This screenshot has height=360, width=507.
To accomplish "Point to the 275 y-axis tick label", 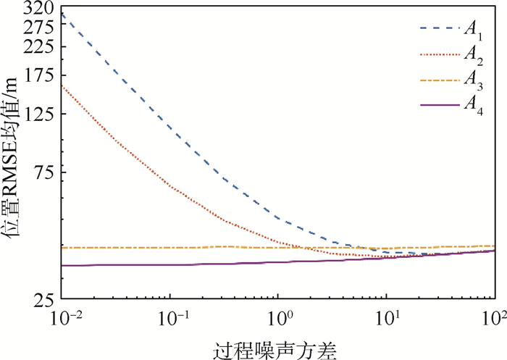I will point(44,27).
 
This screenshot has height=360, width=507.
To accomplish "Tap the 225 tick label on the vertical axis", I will point(44,46).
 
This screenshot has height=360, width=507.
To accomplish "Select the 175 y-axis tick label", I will point(44,74).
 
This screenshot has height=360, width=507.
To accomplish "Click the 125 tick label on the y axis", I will point(44,113).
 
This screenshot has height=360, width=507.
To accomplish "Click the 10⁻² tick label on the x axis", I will point(64,318).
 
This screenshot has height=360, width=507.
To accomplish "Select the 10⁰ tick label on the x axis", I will point(279,318).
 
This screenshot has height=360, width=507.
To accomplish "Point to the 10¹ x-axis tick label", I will point(387,318).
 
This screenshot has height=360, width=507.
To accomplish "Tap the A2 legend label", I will point(474,55).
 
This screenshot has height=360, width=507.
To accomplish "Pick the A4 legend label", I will point(474,107).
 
